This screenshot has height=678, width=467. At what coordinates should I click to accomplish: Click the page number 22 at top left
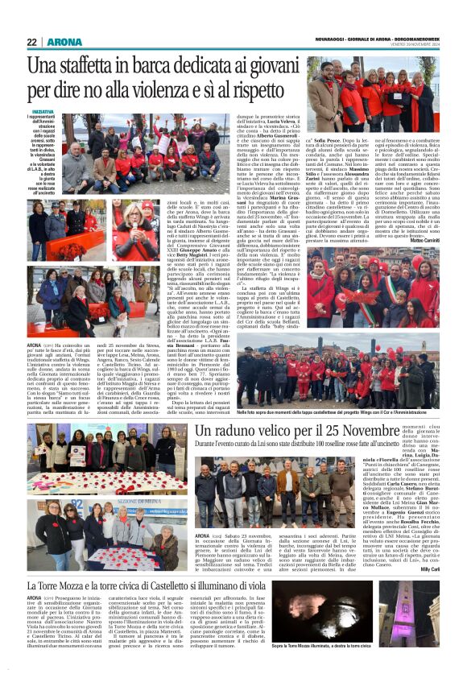click(x=32, y=41)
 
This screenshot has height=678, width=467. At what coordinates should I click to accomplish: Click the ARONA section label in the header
click(x=64, y=41)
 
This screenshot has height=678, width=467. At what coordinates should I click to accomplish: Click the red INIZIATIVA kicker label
click(x=43, y=111)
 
